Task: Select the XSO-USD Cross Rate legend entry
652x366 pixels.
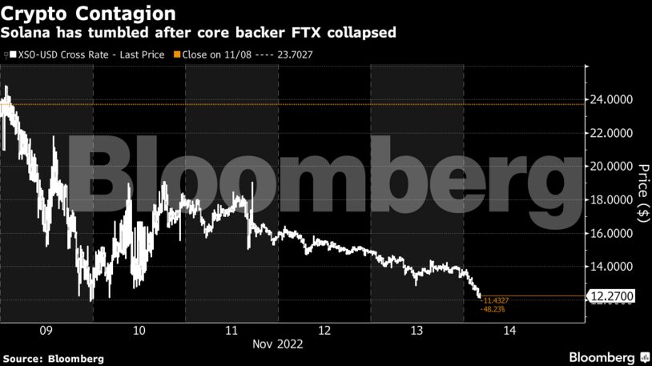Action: click(x=88, y=54)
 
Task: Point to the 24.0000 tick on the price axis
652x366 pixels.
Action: click(x=611, y=100)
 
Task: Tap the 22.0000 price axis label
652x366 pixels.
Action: click(x=611, y=133)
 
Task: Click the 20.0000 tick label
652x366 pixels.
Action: click(x=611, y=167)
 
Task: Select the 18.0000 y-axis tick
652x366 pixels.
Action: click(x=611, y=200)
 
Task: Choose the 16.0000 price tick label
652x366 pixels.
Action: click(x=611, y=234)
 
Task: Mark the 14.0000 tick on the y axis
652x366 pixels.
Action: click(x=611, y=267)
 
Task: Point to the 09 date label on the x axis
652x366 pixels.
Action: click(x=46, y=329)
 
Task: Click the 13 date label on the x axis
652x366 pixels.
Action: click(x=417, y=329)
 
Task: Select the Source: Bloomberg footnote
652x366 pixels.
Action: click(x=53, y=359)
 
